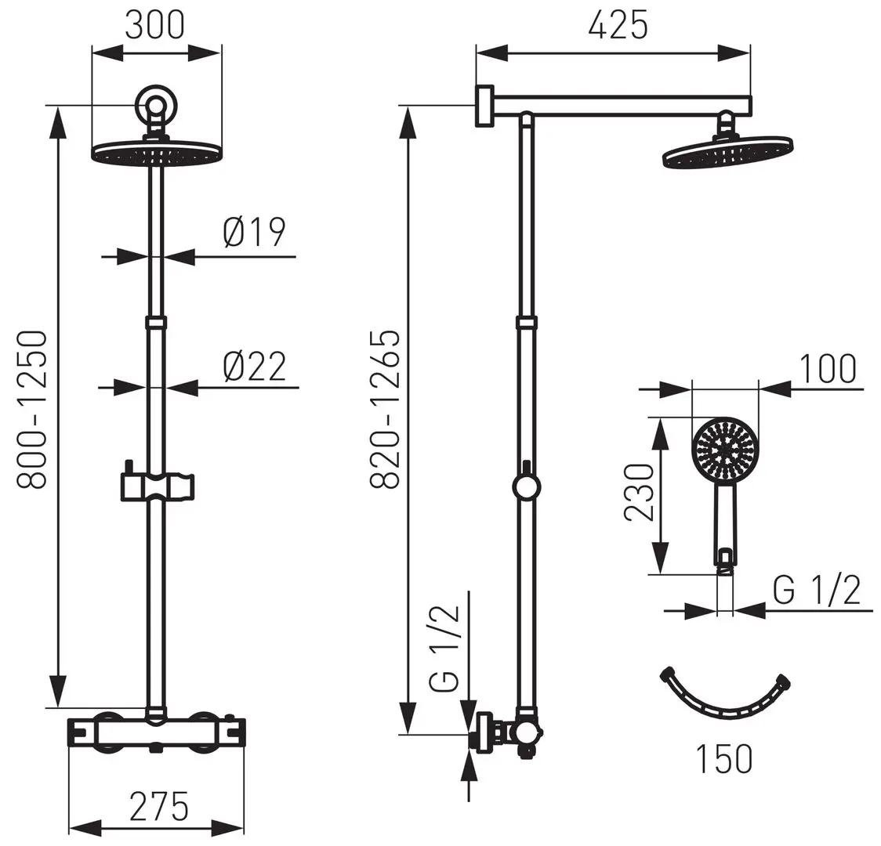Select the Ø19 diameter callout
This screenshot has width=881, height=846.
tap(254, 233)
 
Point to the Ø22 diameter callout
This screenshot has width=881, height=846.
tap(254, 366)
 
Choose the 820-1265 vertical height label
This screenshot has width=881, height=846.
tap(385, 410)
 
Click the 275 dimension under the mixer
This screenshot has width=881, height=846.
tap(159, 805)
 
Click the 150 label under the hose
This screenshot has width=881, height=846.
tap(723, 757)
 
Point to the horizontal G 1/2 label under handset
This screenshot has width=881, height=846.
tap(816, 591)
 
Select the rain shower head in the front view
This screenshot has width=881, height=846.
tap(156, 153)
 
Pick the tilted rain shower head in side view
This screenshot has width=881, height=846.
tap(727, 152)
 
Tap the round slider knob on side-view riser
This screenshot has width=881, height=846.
tap(526, 486)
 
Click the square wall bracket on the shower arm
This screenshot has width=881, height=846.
tap(484, 105)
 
